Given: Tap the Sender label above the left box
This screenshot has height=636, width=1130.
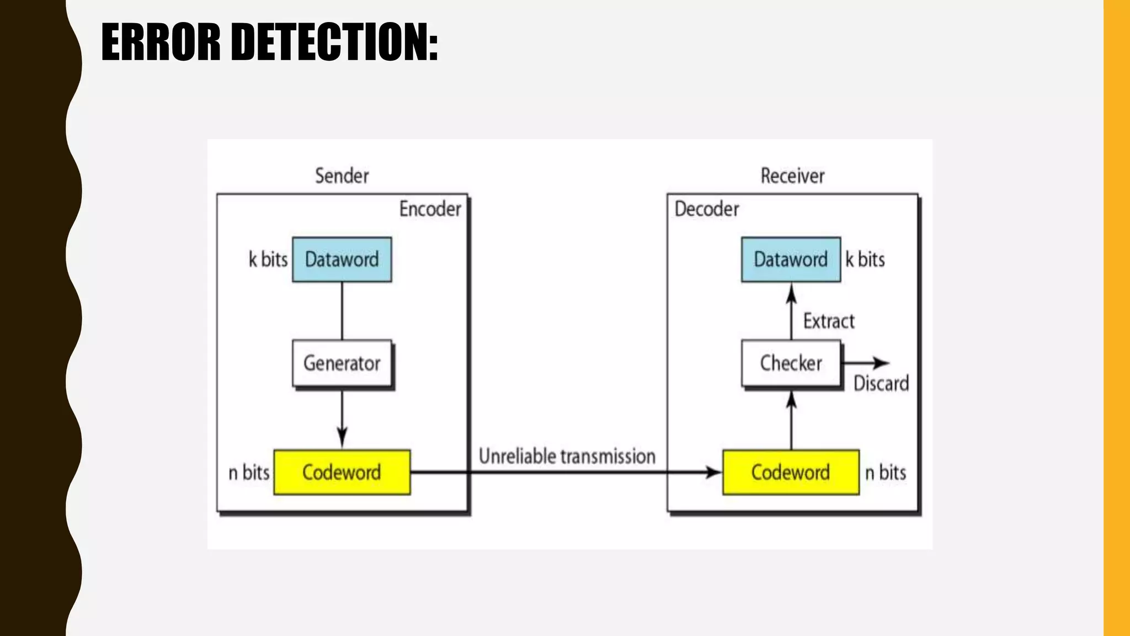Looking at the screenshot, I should click(342, 176).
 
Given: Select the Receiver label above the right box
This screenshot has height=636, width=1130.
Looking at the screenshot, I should click(792, 176).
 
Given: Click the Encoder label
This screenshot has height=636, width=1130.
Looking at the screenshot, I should click(430, 209).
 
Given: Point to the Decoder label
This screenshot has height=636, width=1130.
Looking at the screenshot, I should click(706, 209).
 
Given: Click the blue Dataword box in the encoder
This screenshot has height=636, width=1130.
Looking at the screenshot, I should click(342, 259).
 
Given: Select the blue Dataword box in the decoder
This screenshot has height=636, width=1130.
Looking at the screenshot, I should click(791, 259).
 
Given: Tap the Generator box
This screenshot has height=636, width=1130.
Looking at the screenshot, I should click(342, 363).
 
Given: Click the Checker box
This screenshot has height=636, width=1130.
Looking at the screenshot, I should click(791, 363).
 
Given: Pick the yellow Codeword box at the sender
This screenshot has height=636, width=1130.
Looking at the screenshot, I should click(342, 473).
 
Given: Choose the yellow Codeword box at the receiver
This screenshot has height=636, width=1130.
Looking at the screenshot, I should click(791, 473).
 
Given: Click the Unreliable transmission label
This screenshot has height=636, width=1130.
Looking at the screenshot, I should click(567, 457).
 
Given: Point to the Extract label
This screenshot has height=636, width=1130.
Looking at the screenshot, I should click(828, 321).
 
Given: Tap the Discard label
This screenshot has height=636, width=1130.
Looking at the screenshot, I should click(881, 383).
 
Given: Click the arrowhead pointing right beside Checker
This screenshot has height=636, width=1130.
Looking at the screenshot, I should click(881, 363).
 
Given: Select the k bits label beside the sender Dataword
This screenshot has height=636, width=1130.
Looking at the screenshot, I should click(268, 259).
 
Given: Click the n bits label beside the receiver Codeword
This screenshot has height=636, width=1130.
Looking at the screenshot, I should click(885, 473).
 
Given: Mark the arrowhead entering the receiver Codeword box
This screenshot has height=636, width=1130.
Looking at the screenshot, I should click(714, 473).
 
